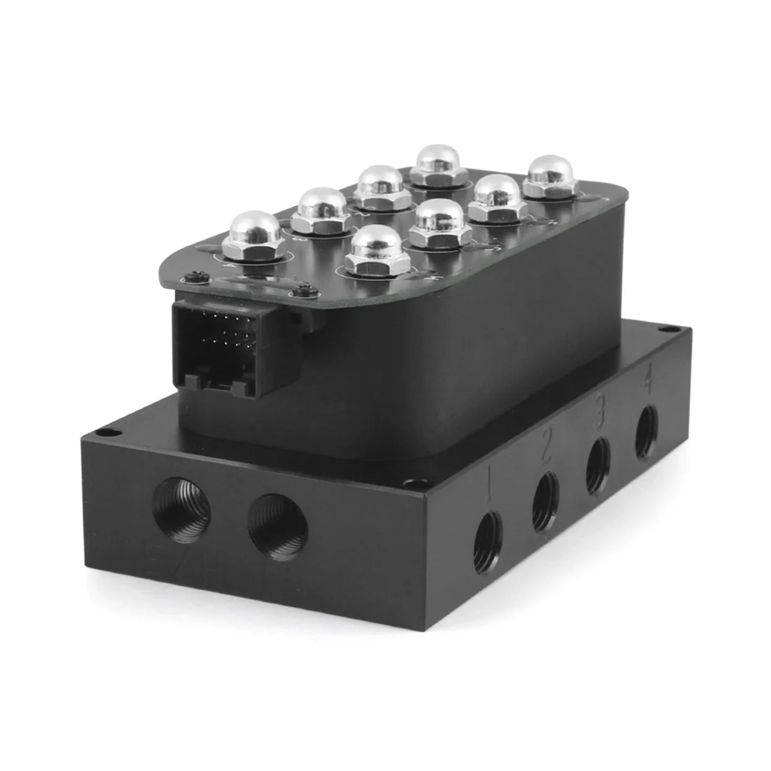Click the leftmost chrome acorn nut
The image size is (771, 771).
[252, 235]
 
